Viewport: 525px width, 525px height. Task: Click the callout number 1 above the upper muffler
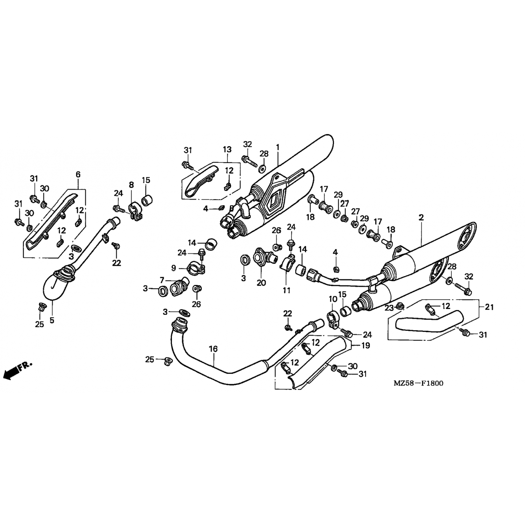click(x=278, y=147)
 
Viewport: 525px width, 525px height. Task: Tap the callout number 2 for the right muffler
click(x=421, y=217)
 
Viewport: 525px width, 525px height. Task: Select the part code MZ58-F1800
click(x=418, y=383)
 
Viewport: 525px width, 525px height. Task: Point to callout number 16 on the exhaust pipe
click(x=213, y=349)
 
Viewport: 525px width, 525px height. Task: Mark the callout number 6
click(x=78, y=174)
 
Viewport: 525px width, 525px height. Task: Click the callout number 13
click(x=227, y=149)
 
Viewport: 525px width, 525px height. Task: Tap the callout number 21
click(x=489, y=307)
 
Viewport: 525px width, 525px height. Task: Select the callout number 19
click(x=365, y=346)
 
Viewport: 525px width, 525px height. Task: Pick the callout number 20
click(x=261, y=282)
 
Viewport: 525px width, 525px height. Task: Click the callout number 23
click(x=390, y=307)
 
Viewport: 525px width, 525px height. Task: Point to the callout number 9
click(x=174, y=268)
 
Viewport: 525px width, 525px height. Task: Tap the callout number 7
click(x=162, y=280)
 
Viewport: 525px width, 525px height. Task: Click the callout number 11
click(x=287, y=290)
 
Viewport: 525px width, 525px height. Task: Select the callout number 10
click(x=332, y=299)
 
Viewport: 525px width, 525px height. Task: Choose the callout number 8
click(x=131, y=184)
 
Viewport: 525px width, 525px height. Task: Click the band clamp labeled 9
click(x=195, y=268)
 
